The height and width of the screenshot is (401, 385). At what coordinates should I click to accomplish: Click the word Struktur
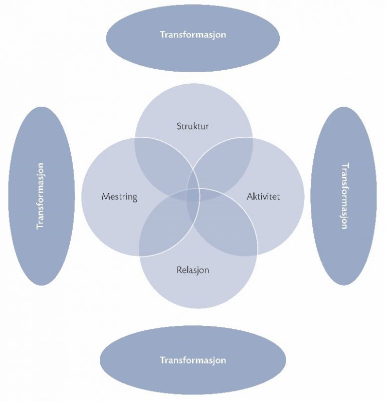click(193, 126)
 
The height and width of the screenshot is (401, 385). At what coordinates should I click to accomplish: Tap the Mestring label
click(119, 197)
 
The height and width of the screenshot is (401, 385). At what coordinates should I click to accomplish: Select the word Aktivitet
click(263, 196)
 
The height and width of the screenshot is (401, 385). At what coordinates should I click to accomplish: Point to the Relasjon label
click(193, 270)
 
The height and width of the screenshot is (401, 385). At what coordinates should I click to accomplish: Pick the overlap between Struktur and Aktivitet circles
click(222, 164)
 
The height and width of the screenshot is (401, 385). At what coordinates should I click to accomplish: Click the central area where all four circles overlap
click(193, 195)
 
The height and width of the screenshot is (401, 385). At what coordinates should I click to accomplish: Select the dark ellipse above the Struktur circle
click(193, 38)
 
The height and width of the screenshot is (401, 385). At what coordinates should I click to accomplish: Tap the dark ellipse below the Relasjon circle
click(193, 360)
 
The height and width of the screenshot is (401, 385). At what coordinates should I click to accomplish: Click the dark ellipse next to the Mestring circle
click(42, 196)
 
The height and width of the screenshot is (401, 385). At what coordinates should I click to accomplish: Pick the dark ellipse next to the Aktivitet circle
click(343, 196)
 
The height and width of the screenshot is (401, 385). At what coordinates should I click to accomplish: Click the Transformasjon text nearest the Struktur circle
click(193, 35)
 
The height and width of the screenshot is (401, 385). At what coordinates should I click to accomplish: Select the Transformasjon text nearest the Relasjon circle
click(193, 360)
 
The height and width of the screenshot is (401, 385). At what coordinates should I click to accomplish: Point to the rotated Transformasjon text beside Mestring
click(41, 196)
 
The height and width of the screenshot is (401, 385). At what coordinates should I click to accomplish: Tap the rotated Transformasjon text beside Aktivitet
click(345, 196)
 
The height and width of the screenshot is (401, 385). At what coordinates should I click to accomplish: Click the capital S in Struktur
click(179, 126)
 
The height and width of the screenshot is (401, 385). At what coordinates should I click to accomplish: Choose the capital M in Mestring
click(106, 196)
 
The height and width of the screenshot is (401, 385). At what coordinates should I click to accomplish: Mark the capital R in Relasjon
click(179, 270)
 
